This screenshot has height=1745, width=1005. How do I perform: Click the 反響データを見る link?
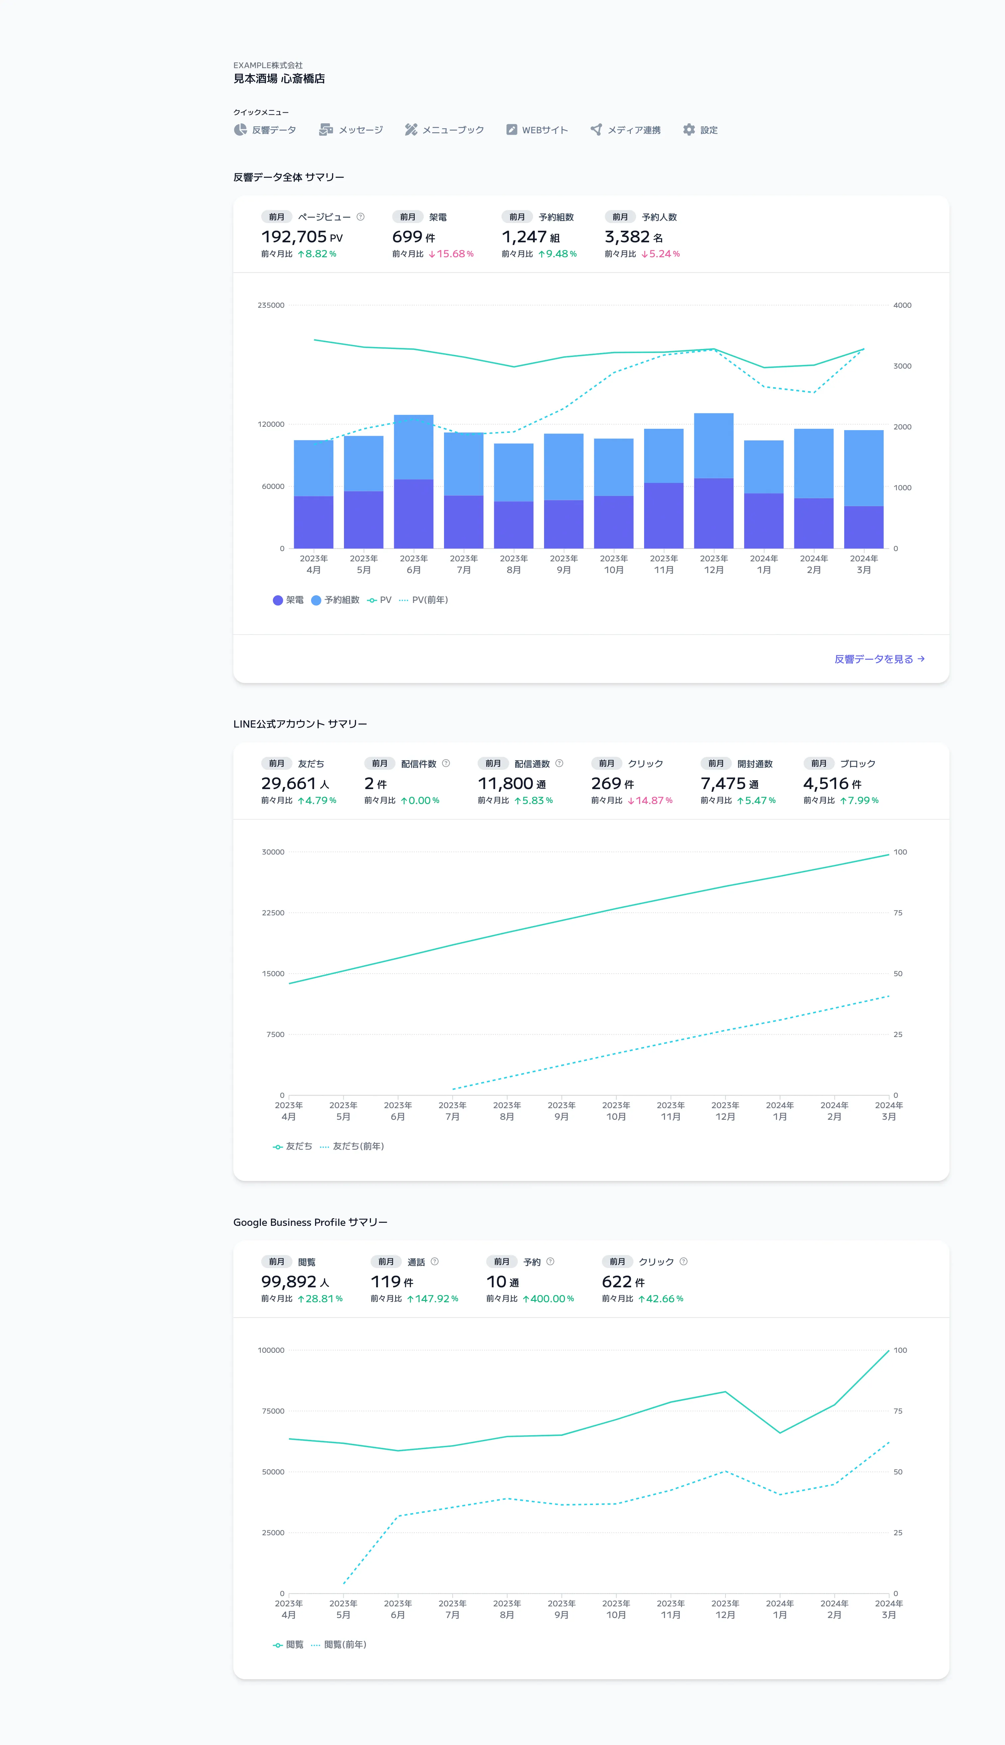click(879, 659)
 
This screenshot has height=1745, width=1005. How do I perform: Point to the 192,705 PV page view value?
click(302, 237)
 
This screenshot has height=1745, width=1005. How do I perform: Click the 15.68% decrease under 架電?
click(451, 254)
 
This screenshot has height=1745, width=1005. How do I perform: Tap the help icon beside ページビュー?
click(360, 217)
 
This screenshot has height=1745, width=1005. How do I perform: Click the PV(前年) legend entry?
click(424, 600)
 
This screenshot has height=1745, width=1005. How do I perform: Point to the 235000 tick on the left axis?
click(271, 305)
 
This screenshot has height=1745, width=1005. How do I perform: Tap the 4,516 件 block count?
click(832, 783)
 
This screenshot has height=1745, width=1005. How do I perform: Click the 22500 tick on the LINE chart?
click(273, 912)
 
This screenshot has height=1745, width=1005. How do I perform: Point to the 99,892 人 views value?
click(295, 1282)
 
